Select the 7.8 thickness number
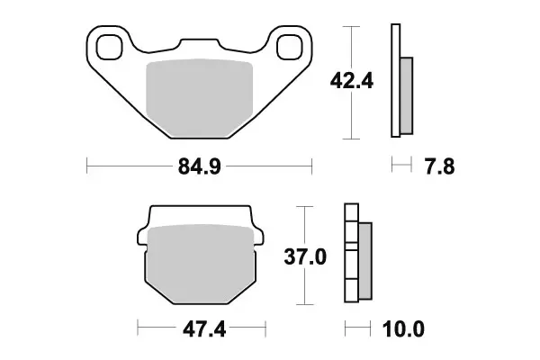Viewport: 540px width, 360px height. tap(436, 166)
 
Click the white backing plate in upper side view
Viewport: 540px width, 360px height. tap(394, 81)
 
